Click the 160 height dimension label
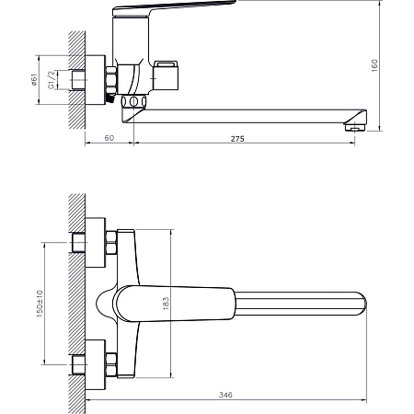(x=374, y=65)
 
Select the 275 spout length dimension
(x=237, y=139)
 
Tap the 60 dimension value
(x=109, y=138)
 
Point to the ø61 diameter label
(x=34, y=79)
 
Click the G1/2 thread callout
(x=52, y=80)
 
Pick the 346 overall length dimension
(x=225, y=395)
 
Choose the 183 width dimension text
(x=166, y=304)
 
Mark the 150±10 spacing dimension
(x=40, y=304)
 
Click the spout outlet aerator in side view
(x=355, y=127)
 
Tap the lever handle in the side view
(x=172, y=6)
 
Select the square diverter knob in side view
(x=166, y=75)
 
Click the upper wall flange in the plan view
(x=96, y=243)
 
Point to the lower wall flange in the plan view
(x=96, y=364)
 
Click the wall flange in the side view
(x=96, y=80)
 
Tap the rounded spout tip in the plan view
(x=362, y=304)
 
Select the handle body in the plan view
(x=176, y=304)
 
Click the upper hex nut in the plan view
(x=111, y=243)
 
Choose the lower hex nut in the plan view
(x=111, y=364)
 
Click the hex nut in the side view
(x=111, y=80)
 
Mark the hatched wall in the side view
(x=76, y=80)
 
